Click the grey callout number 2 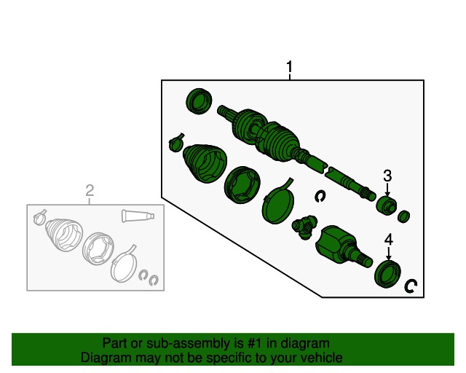point(90,190)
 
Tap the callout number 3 point(387,176)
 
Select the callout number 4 point(389,240)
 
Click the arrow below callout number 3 point(387,189)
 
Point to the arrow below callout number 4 point(389,254)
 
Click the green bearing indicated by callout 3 point(387,205)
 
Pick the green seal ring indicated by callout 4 point(387,274)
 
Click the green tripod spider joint point(304,227)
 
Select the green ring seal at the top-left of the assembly point(199,101)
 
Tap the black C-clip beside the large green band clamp point(320,196)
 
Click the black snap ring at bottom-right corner point(411,286)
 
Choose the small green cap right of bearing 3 point(404,216)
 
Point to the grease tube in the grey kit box point(138,216)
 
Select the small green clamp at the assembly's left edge point(176,143)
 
